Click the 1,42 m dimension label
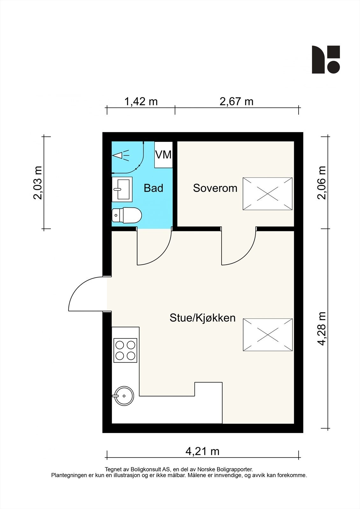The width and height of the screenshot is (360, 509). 141,101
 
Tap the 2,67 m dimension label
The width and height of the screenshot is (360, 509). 236,101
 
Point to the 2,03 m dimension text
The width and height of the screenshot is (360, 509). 38,183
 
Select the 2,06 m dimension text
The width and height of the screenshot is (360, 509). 321,183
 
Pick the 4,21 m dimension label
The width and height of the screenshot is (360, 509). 202,451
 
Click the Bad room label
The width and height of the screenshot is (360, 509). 153,188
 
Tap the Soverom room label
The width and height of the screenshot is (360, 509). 215,188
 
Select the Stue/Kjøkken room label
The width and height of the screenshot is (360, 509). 202,318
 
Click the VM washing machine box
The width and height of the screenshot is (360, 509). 163,155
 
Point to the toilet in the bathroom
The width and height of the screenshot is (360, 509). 127,215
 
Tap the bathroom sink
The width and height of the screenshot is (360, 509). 122,190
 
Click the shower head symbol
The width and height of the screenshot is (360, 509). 121,156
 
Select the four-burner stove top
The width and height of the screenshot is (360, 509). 125,350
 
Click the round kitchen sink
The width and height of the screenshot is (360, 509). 124,396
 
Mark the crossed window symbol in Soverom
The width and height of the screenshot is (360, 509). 268,194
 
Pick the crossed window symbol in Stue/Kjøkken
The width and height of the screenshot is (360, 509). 268,335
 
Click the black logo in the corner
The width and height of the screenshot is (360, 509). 326,59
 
